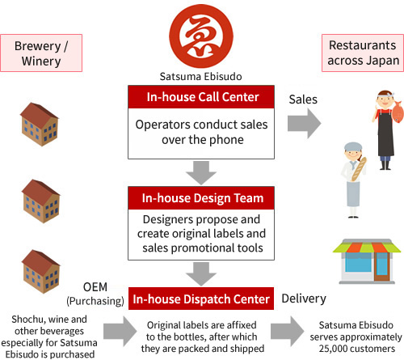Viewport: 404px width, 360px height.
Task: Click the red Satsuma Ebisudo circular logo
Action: pos(201,36)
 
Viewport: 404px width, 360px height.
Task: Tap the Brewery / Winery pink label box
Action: pos(41,53)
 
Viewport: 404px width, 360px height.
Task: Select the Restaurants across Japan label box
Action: pos(363,53)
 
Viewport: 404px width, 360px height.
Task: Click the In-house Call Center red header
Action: pos(201,97)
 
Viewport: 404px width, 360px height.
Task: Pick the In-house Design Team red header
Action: pos(201,198)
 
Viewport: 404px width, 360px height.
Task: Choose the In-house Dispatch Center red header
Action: pos(201,299)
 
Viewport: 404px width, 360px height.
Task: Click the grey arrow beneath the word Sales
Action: pos(305,124)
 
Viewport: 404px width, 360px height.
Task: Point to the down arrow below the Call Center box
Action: pos(201,173)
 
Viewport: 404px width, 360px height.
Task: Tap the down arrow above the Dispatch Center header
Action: pos(201,274)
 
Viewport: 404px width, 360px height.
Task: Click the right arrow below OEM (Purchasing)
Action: pos(120,332)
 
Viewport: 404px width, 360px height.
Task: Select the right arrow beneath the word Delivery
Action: pos(288,332)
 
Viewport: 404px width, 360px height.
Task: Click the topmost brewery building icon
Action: pos(40,125)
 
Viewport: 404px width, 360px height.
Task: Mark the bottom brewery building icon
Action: pos(40,271)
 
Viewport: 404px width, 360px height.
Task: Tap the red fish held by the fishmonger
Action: pos(398,110)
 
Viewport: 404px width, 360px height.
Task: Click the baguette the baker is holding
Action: pos(359,169)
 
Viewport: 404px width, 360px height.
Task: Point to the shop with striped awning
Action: pos(367,261)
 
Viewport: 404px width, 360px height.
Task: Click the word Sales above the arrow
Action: pos(303,100)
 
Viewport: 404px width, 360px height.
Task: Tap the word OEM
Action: pos(95,287)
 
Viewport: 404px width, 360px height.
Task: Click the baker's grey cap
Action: pos(353,146)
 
